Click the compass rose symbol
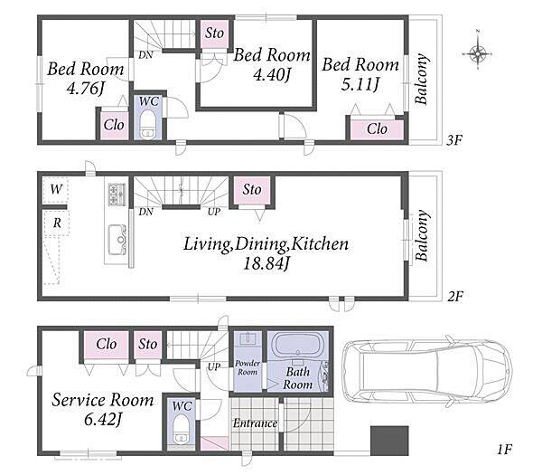click(x=478, y=53)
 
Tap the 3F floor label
click(x=454, y=140)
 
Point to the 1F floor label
click(x=504, y=449)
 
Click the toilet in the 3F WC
click(x=148, y=125)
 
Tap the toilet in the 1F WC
click(x=181, y=429)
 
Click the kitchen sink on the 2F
click(x=117, y=240)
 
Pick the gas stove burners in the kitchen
click(x=117, y=195)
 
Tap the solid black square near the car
click(x=389, y=441)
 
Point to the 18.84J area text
click(x=266, y=264)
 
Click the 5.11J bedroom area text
click(x=360, y=84)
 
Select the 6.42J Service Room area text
click(x=103, y=420)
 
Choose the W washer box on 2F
click(x=55, y=190)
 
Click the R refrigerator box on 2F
click(x=57, y=223)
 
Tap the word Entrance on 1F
click(x=255, y=423)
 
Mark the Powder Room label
click(x=248, y=367)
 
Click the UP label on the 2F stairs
click(x=214, y=212)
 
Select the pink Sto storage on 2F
click(x=252, y=190)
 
